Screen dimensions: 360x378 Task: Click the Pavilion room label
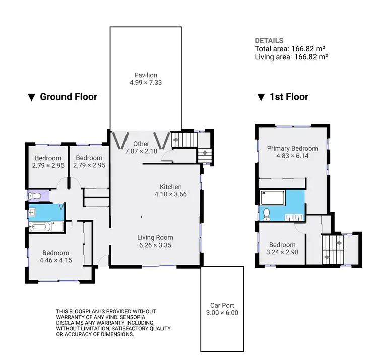pyautogui.click(x=146, y=75)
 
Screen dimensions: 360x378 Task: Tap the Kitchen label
pyautogui.click(x=171, y=187)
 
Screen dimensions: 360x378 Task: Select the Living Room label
pyautogui.click(x=155, y=237)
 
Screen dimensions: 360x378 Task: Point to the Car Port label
pyautogui.click(x=222, y=305)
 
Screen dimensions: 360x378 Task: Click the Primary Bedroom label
pyautogui.click(x=292, y=148)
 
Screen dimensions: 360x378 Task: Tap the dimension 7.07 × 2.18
pyautogui.click(x=141, y=151)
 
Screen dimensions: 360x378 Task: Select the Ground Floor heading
pyautogui.click(x=69, y=97)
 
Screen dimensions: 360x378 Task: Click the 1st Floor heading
pyautogui.click(x=289, y=97)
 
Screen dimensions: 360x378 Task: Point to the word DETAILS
pyautogui.click(x=269, y=41)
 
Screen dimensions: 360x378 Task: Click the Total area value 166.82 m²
pyautogui.click(x=307, y=49)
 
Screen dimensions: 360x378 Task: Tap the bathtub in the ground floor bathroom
pyautogui.click(x=41, y=227)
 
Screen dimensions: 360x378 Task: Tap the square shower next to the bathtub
pyautogui.click(x=58, y=226)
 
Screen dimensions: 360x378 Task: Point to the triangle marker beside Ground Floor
pyautogui.click(x=31, y=97)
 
